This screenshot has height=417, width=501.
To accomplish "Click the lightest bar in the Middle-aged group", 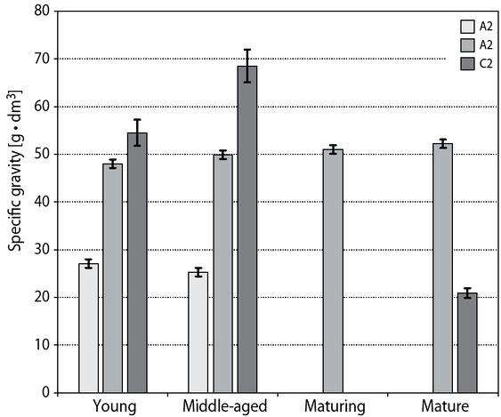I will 198,332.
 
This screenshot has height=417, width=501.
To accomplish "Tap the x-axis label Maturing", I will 334,406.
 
